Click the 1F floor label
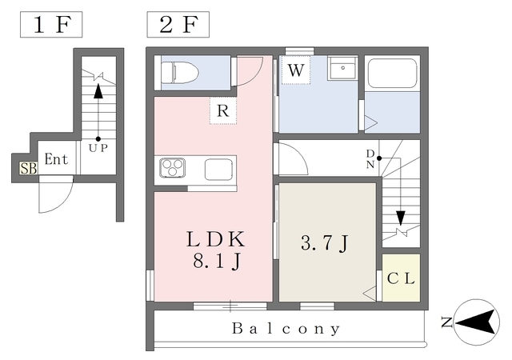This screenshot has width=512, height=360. [x=51, y=25]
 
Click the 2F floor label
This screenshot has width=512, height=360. [x=178, y=25]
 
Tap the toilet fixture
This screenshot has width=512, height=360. [x=180, y=73]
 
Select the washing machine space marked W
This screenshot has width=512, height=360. [x=296, y=70]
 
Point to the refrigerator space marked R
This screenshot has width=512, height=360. [x=223, y=110]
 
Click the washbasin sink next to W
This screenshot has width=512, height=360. [x=342, y=68]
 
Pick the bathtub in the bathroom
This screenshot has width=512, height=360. [x=392, y=73]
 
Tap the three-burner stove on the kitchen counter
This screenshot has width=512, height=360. [x=173, y=168]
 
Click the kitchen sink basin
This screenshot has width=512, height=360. [x=218, y=170]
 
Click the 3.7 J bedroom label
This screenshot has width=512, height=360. [x=325, y=242]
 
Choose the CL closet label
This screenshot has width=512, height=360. [x=401, y=278]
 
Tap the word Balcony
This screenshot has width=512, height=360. [x=286, y=328]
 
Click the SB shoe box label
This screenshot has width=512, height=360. [x=29, y=168]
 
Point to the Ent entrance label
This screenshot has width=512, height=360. [x=56, y=159]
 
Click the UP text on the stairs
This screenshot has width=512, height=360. [x=98, y=148]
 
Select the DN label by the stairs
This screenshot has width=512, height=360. [x=370, y=158]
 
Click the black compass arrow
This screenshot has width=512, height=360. [x=477, y=322]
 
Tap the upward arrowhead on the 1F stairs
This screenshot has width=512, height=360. [x=98, y=91]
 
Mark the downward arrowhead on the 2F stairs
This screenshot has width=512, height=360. [x=401, y=218]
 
